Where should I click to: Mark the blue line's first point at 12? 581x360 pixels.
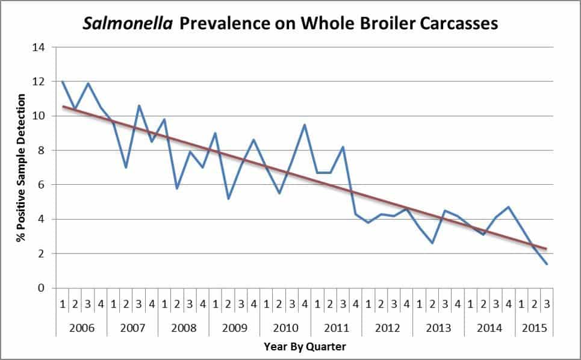pyautogui.click(x=62, y=82)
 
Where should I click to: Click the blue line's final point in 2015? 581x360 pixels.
pyautogui.click(x=547, y=264)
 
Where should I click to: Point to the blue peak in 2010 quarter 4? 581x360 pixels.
pyautogui.click(x=305, y=125)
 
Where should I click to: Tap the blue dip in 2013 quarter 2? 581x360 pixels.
pyautogui.click(x=432, y=243)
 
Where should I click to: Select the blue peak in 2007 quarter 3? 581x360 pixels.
pyautogui.click(x=138, y=105)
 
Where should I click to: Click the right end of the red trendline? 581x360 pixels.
pyautogui.click(x=547, y=249)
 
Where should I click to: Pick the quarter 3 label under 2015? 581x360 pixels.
pyautogui.click(x=547, y=305)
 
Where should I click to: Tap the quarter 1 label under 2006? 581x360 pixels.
pyautogui.click(x=62, y=305)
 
